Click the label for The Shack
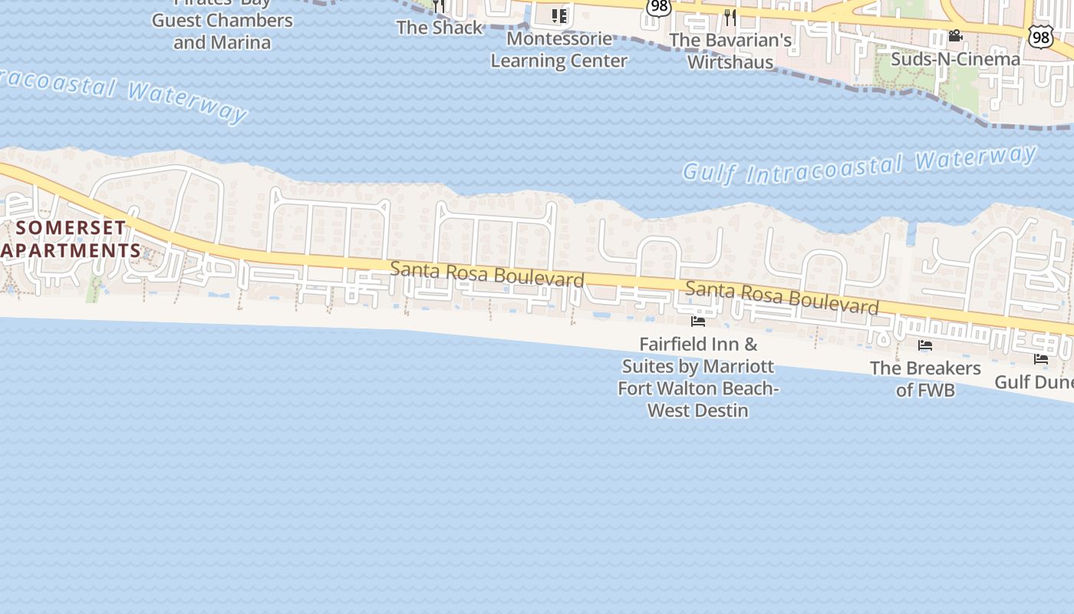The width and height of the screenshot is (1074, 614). point(440,28)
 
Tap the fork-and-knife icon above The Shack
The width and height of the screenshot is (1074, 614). point(438,5)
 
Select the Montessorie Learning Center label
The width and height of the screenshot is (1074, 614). point(558,49)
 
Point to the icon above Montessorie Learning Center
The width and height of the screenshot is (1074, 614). point(559,15)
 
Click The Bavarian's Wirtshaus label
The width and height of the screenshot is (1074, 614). point(730,51)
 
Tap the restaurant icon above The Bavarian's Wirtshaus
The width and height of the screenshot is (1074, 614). point(730,16)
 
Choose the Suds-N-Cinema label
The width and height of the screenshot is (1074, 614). point(955,59)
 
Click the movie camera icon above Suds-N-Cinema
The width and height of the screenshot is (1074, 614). point(955,36)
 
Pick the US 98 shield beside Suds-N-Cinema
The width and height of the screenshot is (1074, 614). point(1039,35)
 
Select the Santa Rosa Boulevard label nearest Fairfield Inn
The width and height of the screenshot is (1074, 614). point(782,298)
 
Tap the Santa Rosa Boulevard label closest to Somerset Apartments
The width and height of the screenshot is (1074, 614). point(487,274)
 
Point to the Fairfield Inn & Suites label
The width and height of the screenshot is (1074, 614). point(698,377)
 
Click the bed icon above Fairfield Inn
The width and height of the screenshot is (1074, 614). point(698,322)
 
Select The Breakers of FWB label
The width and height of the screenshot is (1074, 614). point(925,378)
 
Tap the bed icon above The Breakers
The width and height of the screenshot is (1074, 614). point(925,346)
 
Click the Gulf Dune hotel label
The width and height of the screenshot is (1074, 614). point(1034,381)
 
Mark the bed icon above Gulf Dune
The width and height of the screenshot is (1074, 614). point(1041,358)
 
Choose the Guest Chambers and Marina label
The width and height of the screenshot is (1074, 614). point(222,31)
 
